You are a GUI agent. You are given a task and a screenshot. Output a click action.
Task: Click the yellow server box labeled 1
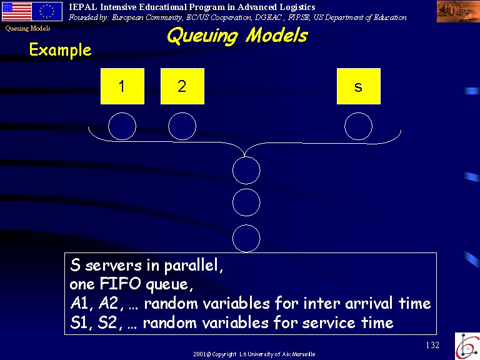tap(122, 86)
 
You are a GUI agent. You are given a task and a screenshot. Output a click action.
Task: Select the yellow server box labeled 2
tap(182, 86)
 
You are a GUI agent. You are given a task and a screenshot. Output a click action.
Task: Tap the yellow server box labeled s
tap(359, 86)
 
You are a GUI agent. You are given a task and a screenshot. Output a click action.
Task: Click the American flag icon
tap(16, 12)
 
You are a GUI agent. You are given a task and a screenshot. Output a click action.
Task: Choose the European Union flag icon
tap(47, 12)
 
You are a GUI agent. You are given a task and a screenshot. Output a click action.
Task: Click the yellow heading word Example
tap(60, 50)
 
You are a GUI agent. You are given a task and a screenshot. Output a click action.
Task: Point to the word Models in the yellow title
tap(277, 35)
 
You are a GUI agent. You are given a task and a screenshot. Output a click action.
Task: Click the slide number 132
tap(432, 345)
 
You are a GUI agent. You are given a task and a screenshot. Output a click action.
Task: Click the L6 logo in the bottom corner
tap(467, 346)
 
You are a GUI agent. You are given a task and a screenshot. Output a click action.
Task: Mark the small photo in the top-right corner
tap(458, 11)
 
